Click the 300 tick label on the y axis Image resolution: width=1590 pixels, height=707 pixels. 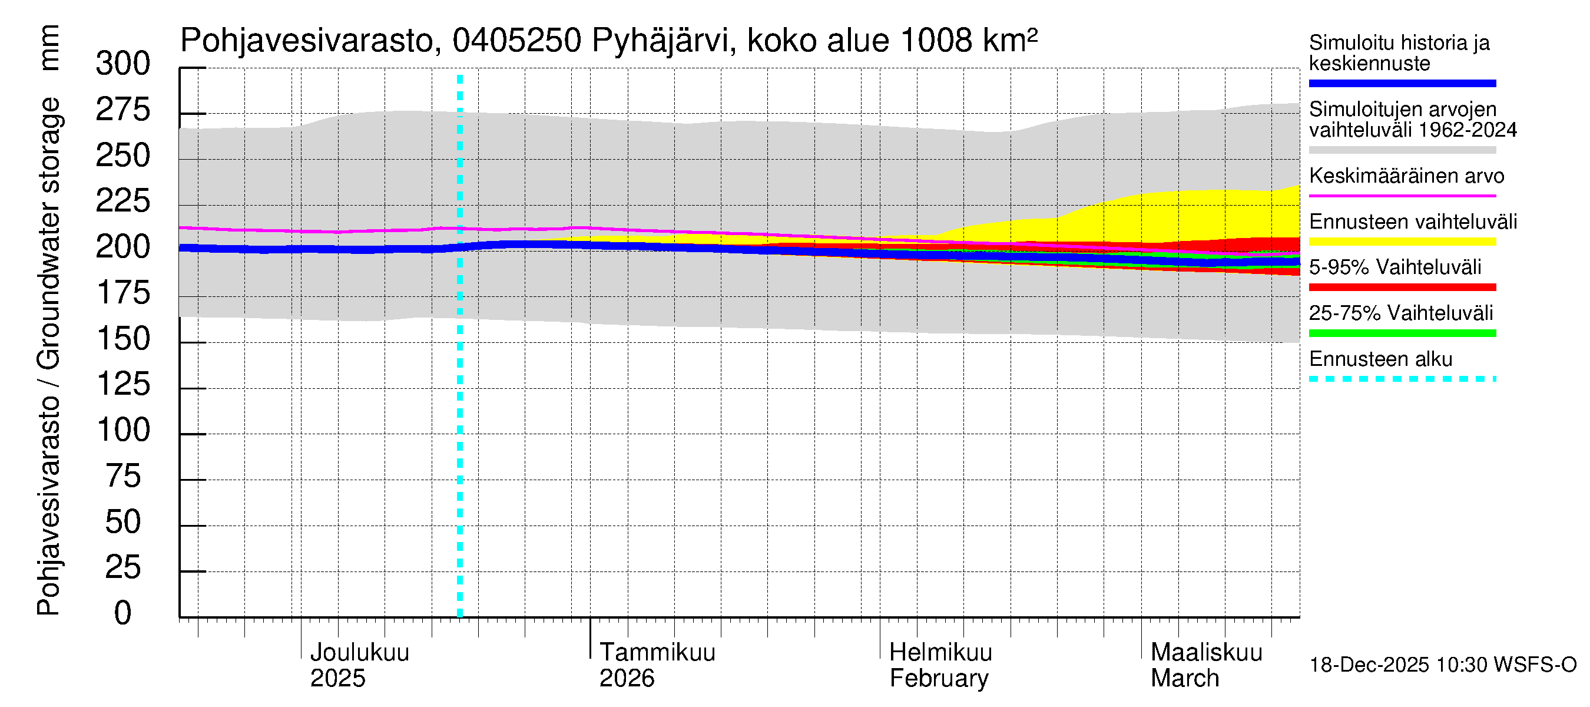pos(123,64)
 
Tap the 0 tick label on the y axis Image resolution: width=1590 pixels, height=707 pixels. pos(123,613)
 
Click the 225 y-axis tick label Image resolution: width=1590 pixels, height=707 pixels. pos(123,201)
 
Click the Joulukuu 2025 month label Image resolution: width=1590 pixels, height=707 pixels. pos(359,665)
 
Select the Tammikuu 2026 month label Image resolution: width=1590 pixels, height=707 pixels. pos(657,665)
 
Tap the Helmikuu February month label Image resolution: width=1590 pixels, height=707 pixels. pos(940,665)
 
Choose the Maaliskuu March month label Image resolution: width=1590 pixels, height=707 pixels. pos(1206,665)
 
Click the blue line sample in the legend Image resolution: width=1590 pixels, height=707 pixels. pos(1402,83)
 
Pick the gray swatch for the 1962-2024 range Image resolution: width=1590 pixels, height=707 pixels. pos(1402,150)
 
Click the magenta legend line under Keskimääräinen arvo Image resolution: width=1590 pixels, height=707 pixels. pos(1402,196)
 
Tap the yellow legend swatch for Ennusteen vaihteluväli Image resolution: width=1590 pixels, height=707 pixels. pos(1402,242)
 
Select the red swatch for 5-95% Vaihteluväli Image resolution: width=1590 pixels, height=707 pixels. pos(1402,287)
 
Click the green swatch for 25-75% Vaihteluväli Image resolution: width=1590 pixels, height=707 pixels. pos(1402,333)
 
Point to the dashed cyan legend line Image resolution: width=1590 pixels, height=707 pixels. pos(1402,379)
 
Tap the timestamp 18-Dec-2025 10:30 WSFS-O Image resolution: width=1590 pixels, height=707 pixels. pos(1442,665)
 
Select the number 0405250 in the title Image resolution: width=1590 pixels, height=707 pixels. pos(516,41)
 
